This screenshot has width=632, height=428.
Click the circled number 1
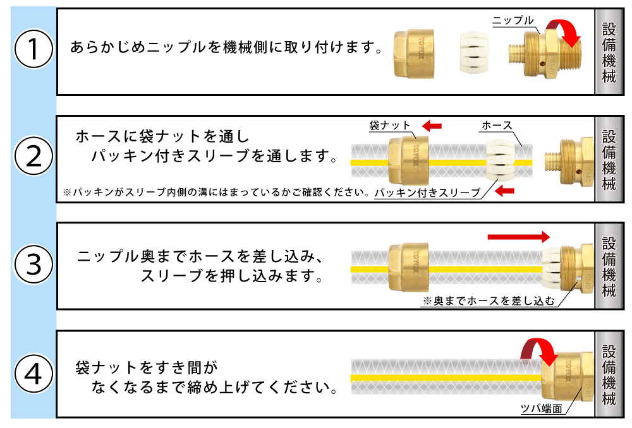pyautogui.click(x=33, y=51)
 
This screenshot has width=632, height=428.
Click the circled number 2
pyautogui.click(x=33, y=158)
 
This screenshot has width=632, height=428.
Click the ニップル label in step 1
pyautogui.click(x=513, y=21)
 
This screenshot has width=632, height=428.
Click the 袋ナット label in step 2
pyautogui.click(x=390, y=126)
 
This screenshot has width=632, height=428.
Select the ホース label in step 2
pyautogui.click(x=497, y=126)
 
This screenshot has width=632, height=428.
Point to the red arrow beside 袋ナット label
pyautogui.click(x=432, y=126)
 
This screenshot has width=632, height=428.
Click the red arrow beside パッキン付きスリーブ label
pyautogui.click(x=504, y=191)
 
